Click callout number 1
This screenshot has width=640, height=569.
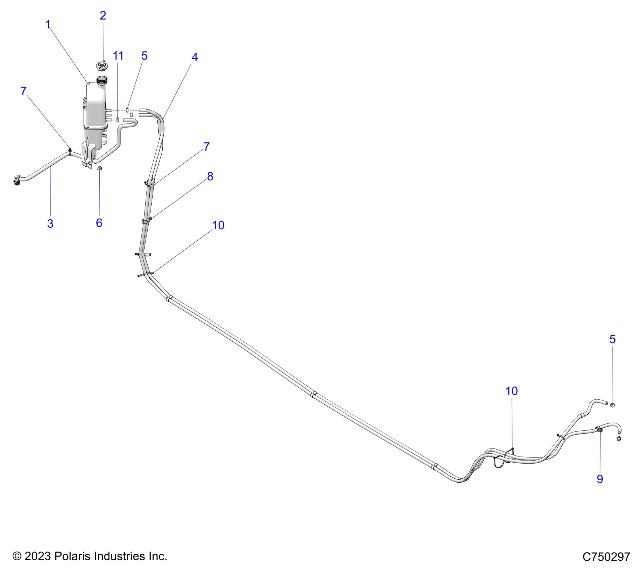48,24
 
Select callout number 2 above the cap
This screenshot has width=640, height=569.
103,15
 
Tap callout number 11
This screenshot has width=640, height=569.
118,56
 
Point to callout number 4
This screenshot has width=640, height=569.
194,57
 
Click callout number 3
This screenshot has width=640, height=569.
50,223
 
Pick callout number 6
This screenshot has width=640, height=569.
99,223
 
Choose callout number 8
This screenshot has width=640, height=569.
210,176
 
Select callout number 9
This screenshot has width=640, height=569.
600,479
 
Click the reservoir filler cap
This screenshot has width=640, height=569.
101,65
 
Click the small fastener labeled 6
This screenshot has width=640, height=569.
100,168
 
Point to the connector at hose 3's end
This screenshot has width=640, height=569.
17,180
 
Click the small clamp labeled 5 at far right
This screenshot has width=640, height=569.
613,405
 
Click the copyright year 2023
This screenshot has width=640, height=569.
37,556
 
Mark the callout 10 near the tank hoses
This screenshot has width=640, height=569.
218,225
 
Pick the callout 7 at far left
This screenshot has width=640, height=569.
23,91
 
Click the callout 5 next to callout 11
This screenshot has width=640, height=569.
144,56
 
